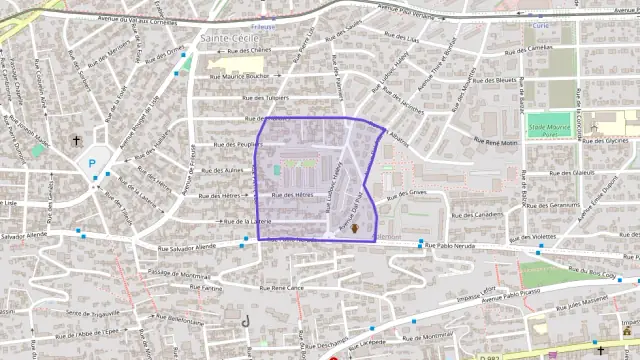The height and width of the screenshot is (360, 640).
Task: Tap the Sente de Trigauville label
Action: click(x=86, y=312)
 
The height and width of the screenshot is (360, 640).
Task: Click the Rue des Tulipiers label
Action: click(x=265, y=98)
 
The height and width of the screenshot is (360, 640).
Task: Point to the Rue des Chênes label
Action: click(x=249, y=50)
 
